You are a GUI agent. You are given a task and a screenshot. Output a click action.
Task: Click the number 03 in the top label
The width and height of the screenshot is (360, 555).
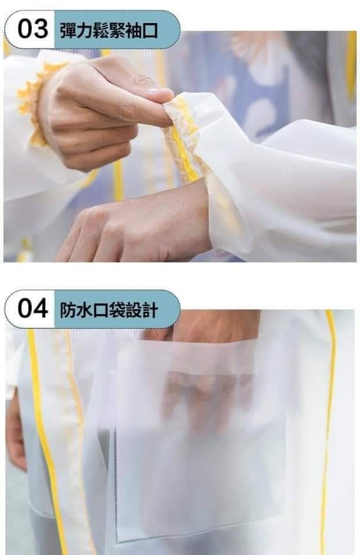(33, 29)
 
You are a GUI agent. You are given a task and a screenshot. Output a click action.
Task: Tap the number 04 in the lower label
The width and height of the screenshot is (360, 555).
(33, 308)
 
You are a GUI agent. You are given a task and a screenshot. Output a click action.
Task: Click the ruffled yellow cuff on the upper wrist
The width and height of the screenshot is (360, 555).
(34, 103)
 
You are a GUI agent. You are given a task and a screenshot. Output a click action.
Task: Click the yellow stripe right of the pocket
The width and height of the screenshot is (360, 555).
(328, 432)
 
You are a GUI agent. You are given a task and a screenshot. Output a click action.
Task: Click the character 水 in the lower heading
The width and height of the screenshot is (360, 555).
(84, 310)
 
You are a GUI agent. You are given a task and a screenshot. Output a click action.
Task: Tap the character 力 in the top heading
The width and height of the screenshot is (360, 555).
(84, 30)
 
